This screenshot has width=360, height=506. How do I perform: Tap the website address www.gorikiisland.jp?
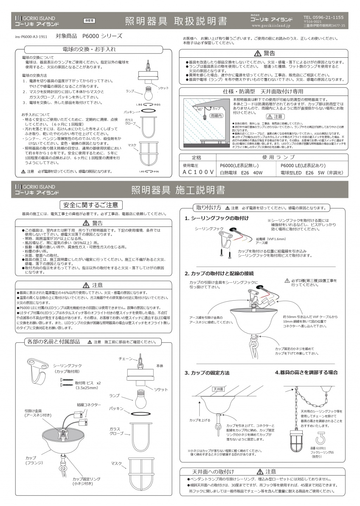[271, 26]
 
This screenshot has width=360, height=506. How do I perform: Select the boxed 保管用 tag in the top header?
[89, 21]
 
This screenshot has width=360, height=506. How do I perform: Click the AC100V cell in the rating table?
[198, 172]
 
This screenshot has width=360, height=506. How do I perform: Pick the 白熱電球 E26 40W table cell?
[241, 173]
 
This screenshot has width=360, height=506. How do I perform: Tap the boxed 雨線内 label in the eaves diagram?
[216, 116]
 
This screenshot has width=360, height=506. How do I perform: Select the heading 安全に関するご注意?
[90, 205]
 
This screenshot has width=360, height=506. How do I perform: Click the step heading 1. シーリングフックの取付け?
[217, 218]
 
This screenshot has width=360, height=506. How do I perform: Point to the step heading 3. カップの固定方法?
[207, 373]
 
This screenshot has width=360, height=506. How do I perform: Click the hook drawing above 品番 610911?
[320, 440]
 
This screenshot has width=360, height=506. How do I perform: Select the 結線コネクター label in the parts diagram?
[89, 405]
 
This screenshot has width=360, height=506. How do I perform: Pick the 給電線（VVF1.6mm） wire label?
[271, 239]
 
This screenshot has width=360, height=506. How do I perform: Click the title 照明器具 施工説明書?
[178, 190]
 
